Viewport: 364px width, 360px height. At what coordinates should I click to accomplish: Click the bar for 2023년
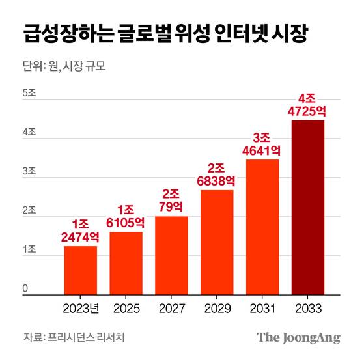click(x=80, y=270)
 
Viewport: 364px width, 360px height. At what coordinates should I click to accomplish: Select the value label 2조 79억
click(x=171, y=199)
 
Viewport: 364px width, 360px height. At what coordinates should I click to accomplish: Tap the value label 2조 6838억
click(x=217, y=173)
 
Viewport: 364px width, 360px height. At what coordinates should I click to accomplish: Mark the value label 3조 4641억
click(x=262, y=143)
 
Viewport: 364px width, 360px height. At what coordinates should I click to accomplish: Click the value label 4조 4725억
click(x=308, y=104)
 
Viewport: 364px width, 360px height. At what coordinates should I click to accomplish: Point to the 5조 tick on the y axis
click(x=29, y=92)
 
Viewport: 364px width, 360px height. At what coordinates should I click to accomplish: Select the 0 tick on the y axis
click(x=25, y=288)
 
